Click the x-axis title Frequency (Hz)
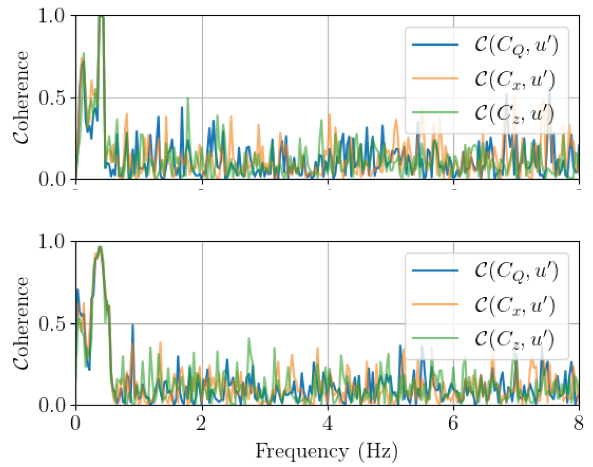pyautogui.click(x=326, y=452)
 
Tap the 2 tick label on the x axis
pyautogui.click(x=201, y=424)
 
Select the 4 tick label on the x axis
pyautogui.click(x=328, y=424)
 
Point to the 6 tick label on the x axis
pyautogui.click(x=453, y=424)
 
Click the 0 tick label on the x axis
pyautogui.click(x=76, y=424)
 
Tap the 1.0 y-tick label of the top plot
pyautogui.click(x=54, y=16)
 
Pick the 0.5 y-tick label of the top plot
pyautogui.click(x=54, y=98)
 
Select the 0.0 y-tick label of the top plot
pyautogui.click(x=54, y=180)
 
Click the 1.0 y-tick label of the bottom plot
pyautogui.click(x=54, y=242)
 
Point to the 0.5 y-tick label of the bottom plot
pyautogui.click(x=54, y=324)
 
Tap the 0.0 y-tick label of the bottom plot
pyautogui.click(x=54, y=405)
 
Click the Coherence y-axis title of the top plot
pyautogui.click(x=21, y=97)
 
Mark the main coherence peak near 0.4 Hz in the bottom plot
pyautogui.click(x=100, y=247)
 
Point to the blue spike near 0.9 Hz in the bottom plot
pyautogui.click(x=133, y=325)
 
